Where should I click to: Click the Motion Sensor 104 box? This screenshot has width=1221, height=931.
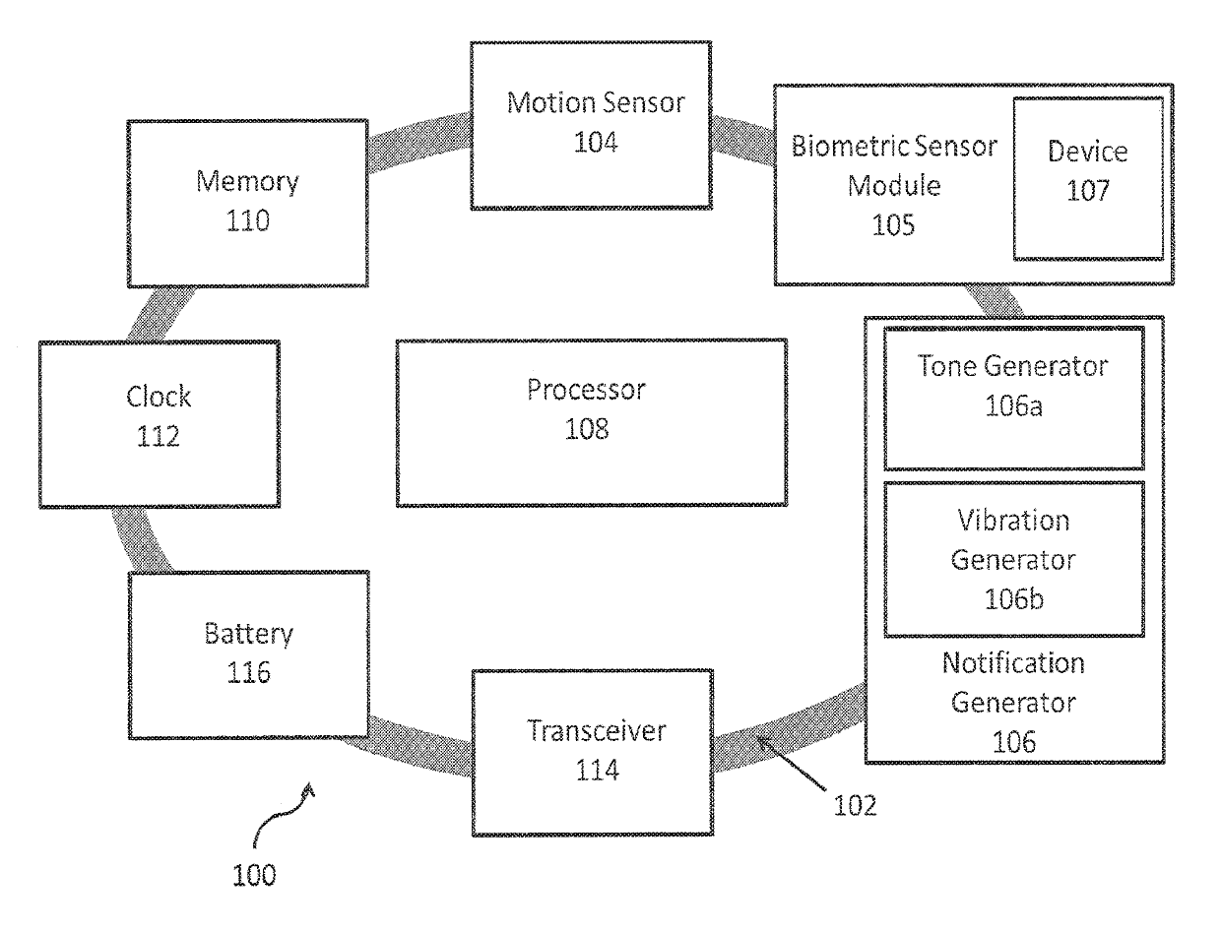[x=591, y=125]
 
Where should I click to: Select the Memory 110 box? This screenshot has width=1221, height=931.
[x=247, y=204]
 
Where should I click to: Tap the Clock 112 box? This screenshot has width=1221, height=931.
[x=160, y=424]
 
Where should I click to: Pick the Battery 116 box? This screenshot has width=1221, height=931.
[x=249, y=654]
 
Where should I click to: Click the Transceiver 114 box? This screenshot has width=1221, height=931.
[x=593, y=753]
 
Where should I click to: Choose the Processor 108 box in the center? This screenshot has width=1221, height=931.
[x=592, y=422]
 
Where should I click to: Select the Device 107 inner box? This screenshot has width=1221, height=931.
[x=1088, y=178]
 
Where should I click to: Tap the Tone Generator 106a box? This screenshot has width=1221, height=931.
[x=1013, y=398]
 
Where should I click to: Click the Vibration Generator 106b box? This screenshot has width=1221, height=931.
[x=1013, y=559]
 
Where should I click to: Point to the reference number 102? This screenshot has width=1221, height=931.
[x=855, y=805]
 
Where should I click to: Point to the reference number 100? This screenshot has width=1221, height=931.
[x=254, y=876]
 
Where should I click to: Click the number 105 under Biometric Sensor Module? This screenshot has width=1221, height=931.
[x=893, y=225]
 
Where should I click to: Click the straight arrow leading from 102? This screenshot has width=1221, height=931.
[x=792, y=763]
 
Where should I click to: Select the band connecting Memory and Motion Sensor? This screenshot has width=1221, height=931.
[x=420, y=141]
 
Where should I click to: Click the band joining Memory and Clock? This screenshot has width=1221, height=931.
[x=161, y=314]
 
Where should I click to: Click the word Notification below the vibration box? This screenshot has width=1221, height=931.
[x=1013, y=663]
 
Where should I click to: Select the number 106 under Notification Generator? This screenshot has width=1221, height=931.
[x=1013, y=742]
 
